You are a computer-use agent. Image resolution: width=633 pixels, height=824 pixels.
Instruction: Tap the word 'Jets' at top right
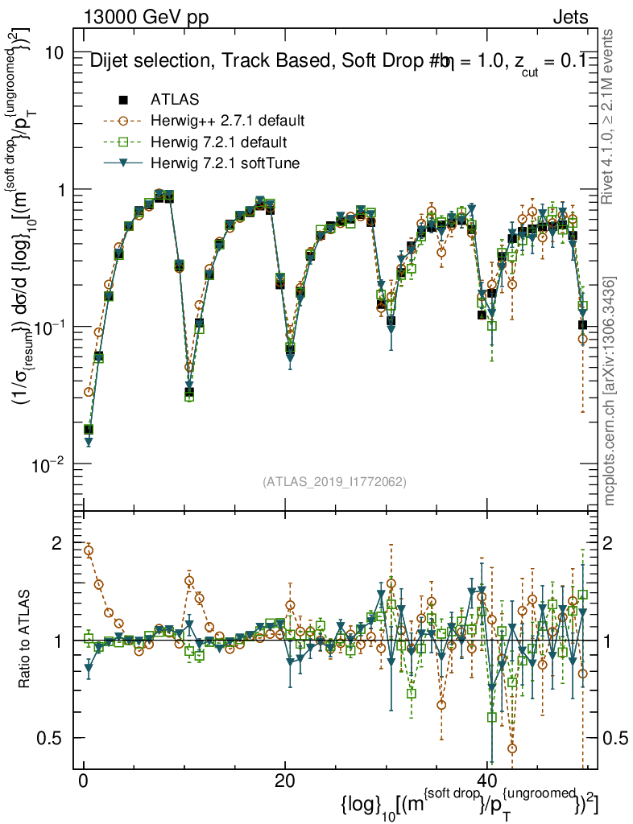[570, 18]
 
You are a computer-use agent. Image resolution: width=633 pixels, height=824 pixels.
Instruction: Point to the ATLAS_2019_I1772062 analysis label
[334, 482]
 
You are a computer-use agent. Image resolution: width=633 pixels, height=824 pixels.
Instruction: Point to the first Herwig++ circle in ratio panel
[89, 551]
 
